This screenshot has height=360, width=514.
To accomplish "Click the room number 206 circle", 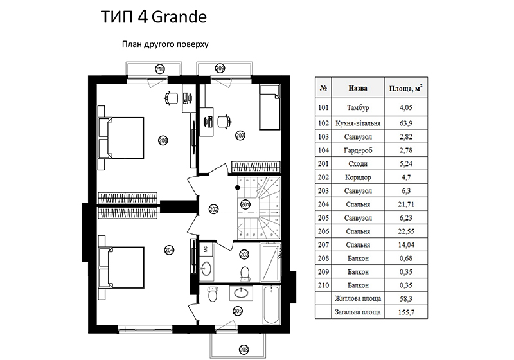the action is [x=163, y=140].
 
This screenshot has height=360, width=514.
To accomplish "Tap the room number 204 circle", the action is [x=169, y=250].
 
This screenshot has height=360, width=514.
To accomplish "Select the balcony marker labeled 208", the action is [x=244, y=350].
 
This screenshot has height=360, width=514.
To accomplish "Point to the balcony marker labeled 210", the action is [x=160, y=69].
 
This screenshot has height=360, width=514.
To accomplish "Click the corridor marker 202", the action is [x=213, y=209].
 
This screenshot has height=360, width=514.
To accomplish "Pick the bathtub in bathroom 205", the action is [x=272, y=305].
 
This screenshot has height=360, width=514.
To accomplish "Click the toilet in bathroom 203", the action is [x=245, y=273].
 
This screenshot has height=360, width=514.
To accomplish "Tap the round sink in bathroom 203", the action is [x=206, y=269].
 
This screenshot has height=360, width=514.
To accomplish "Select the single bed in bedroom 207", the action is [x=270, y=107].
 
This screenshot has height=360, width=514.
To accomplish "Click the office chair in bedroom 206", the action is [x=172, y=97].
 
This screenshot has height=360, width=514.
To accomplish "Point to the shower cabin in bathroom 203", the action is [x=270, y=262].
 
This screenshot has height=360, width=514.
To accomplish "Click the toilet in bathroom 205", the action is [x=213, y=294].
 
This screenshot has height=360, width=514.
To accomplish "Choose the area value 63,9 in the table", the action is [x=406, y=123].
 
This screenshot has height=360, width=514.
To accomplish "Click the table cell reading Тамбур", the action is [x=358, y=107].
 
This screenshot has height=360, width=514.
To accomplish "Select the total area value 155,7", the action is [x=406, y=312].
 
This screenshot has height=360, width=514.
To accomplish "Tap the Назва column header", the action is [x=358, y=88].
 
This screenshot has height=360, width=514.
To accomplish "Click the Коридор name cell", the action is [x=358, y=177].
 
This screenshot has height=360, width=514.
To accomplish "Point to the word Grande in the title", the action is [x=179, y=17].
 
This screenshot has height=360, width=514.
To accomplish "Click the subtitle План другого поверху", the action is [x=165, y=44].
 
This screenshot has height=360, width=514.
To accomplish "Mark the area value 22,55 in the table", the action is [x=406, y=231].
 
